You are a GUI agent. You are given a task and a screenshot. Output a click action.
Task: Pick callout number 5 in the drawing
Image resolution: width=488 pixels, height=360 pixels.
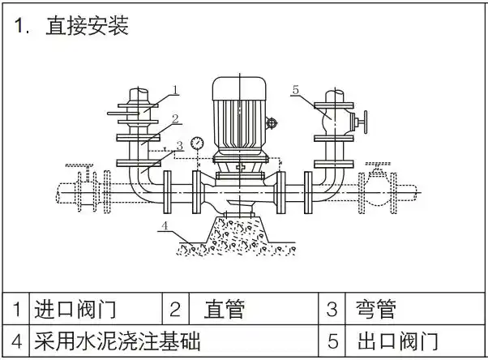296,89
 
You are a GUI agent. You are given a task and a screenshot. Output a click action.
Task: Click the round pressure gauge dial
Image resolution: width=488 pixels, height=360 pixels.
196,143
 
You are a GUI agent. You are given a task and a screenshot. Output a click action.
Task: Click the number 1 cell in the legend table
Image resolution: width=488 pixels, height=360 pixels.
16,309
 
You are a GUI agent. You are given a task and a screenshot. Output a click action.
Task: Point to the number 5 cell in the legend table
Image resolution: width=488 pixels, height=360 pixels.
332,340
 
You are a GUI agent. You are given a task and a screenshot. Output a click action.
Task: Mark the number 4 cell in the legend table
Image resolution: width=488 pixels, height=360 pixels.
16,340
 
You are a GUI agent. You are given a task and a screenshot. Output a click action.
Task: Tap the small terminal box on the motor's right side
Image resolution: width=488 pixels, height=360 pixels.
273,123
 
